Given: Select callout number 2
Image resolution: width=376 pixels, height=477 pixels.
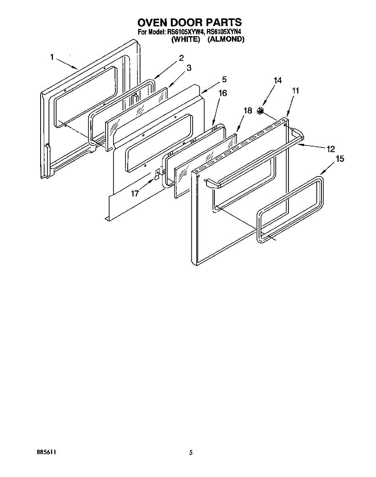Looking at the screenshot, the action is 181,58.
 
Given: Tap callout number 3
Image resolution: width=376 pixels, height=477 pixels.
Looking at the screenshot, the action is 189,68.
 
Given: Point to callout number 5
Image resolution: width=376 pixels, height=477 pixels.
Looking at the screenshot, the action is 224,79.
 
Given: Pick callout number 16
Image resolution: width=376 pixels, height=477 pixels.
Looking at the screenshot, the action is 223,93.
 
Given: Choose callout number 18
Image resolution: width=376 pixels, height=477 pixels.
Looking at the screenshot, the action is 248,111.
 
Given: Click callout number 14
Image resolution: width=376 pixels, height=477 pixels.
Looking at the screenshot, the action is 277,81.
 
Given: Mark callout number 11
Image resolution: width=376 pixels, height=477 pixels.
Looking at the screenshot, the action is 295,91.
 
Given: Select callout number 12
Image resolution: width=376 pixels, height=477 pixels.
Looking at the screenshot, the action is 331,149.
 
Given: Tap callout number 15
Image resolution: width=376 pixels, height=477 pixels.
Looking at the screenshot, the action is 340,159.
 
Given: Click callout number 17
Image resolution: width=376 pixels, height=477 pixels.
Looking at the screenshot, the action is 135,194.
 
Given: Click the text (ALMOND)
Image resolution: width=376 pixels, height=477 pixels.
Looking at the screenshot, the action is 226,39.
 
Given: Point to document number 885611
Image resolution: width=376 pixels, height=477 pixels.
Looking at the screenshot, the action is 46,452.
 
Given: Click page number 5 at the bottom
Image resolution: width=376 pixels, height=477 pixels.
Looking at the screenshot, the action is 191,452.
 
